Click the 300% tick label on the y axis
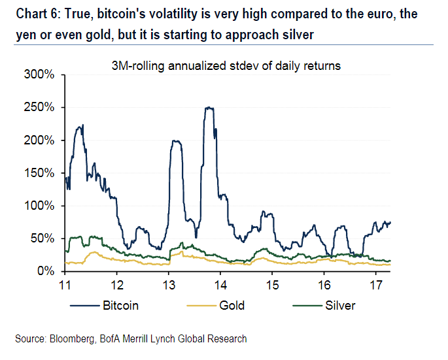tap(40, 75)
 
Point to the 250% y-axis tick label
tap(40, 108)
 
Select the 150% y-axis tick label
tap(40, 173)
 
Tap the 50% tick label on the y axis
tap(43, 238)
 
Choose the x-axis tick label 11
tap(65, 286)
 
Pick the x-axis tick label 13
tap(169, 286)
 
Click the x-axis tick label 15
tap(272, 286)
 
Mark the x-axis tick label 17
tap(375, 286)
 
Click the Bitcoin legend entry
tap(120, 305)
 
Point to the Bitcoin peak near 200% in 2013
tap(175, 140)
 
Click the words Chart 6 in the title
tap(35, 14)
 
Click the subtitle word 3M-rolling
tap(141, 65)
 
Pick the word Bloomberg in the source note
tap(70, 338)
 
